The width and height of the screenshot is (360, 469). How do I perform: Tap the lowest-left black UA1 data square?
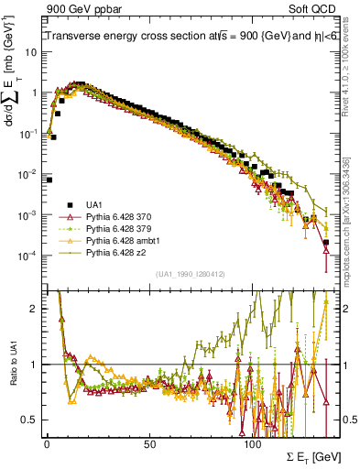[x=49, y=180]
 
